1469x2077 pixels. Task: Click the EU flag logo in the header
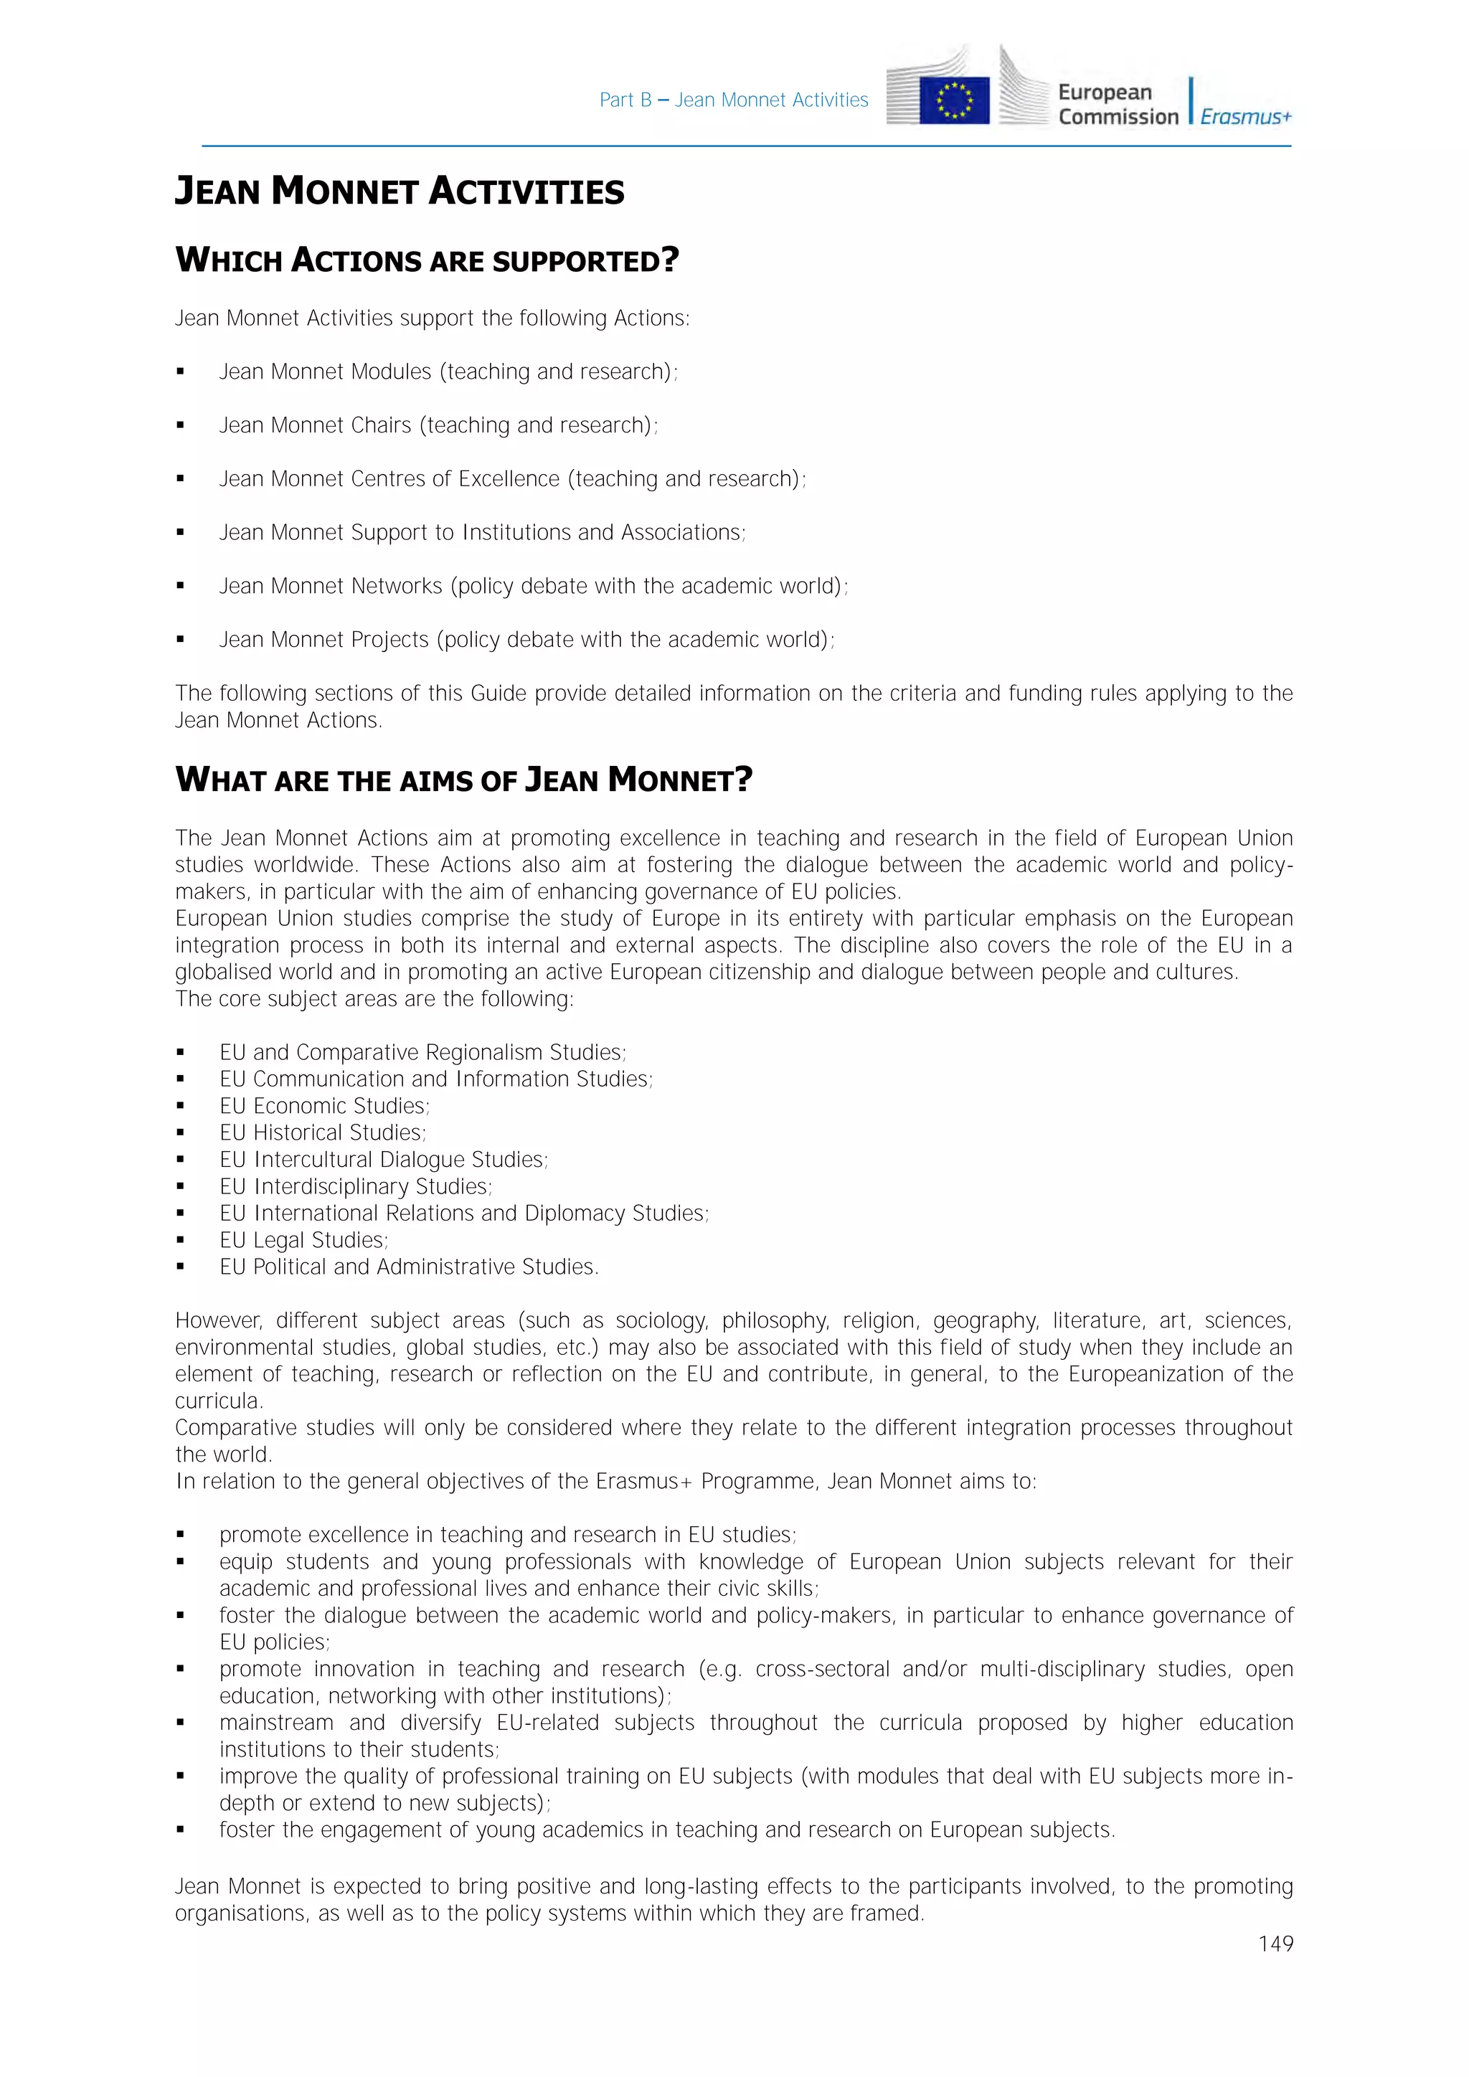[x=954, y=100]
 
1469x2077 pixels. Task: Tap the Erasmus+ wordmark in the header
[x=1246, y=117]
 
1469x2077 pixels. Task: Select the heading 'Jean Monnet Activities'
[x=399, y=191]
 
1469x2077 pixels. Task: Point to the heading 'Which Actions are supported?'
[x=427, y=260]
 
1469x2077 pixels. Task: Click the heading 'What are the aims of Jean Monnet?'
[x=463, y=780]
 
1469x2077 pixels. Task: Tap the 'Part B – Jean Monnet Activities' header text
[x=734, y=100]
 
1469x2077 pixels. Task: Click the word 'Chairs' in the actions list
[x=381, y=425]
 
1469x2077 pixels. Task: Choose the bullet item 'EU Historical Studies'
[x=322, y=1132]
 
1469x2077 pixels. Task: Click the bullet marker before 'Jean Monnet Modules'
[x=181, y=372]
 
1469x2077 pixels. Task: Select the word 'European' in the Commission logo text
[x=1105, y=93]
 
